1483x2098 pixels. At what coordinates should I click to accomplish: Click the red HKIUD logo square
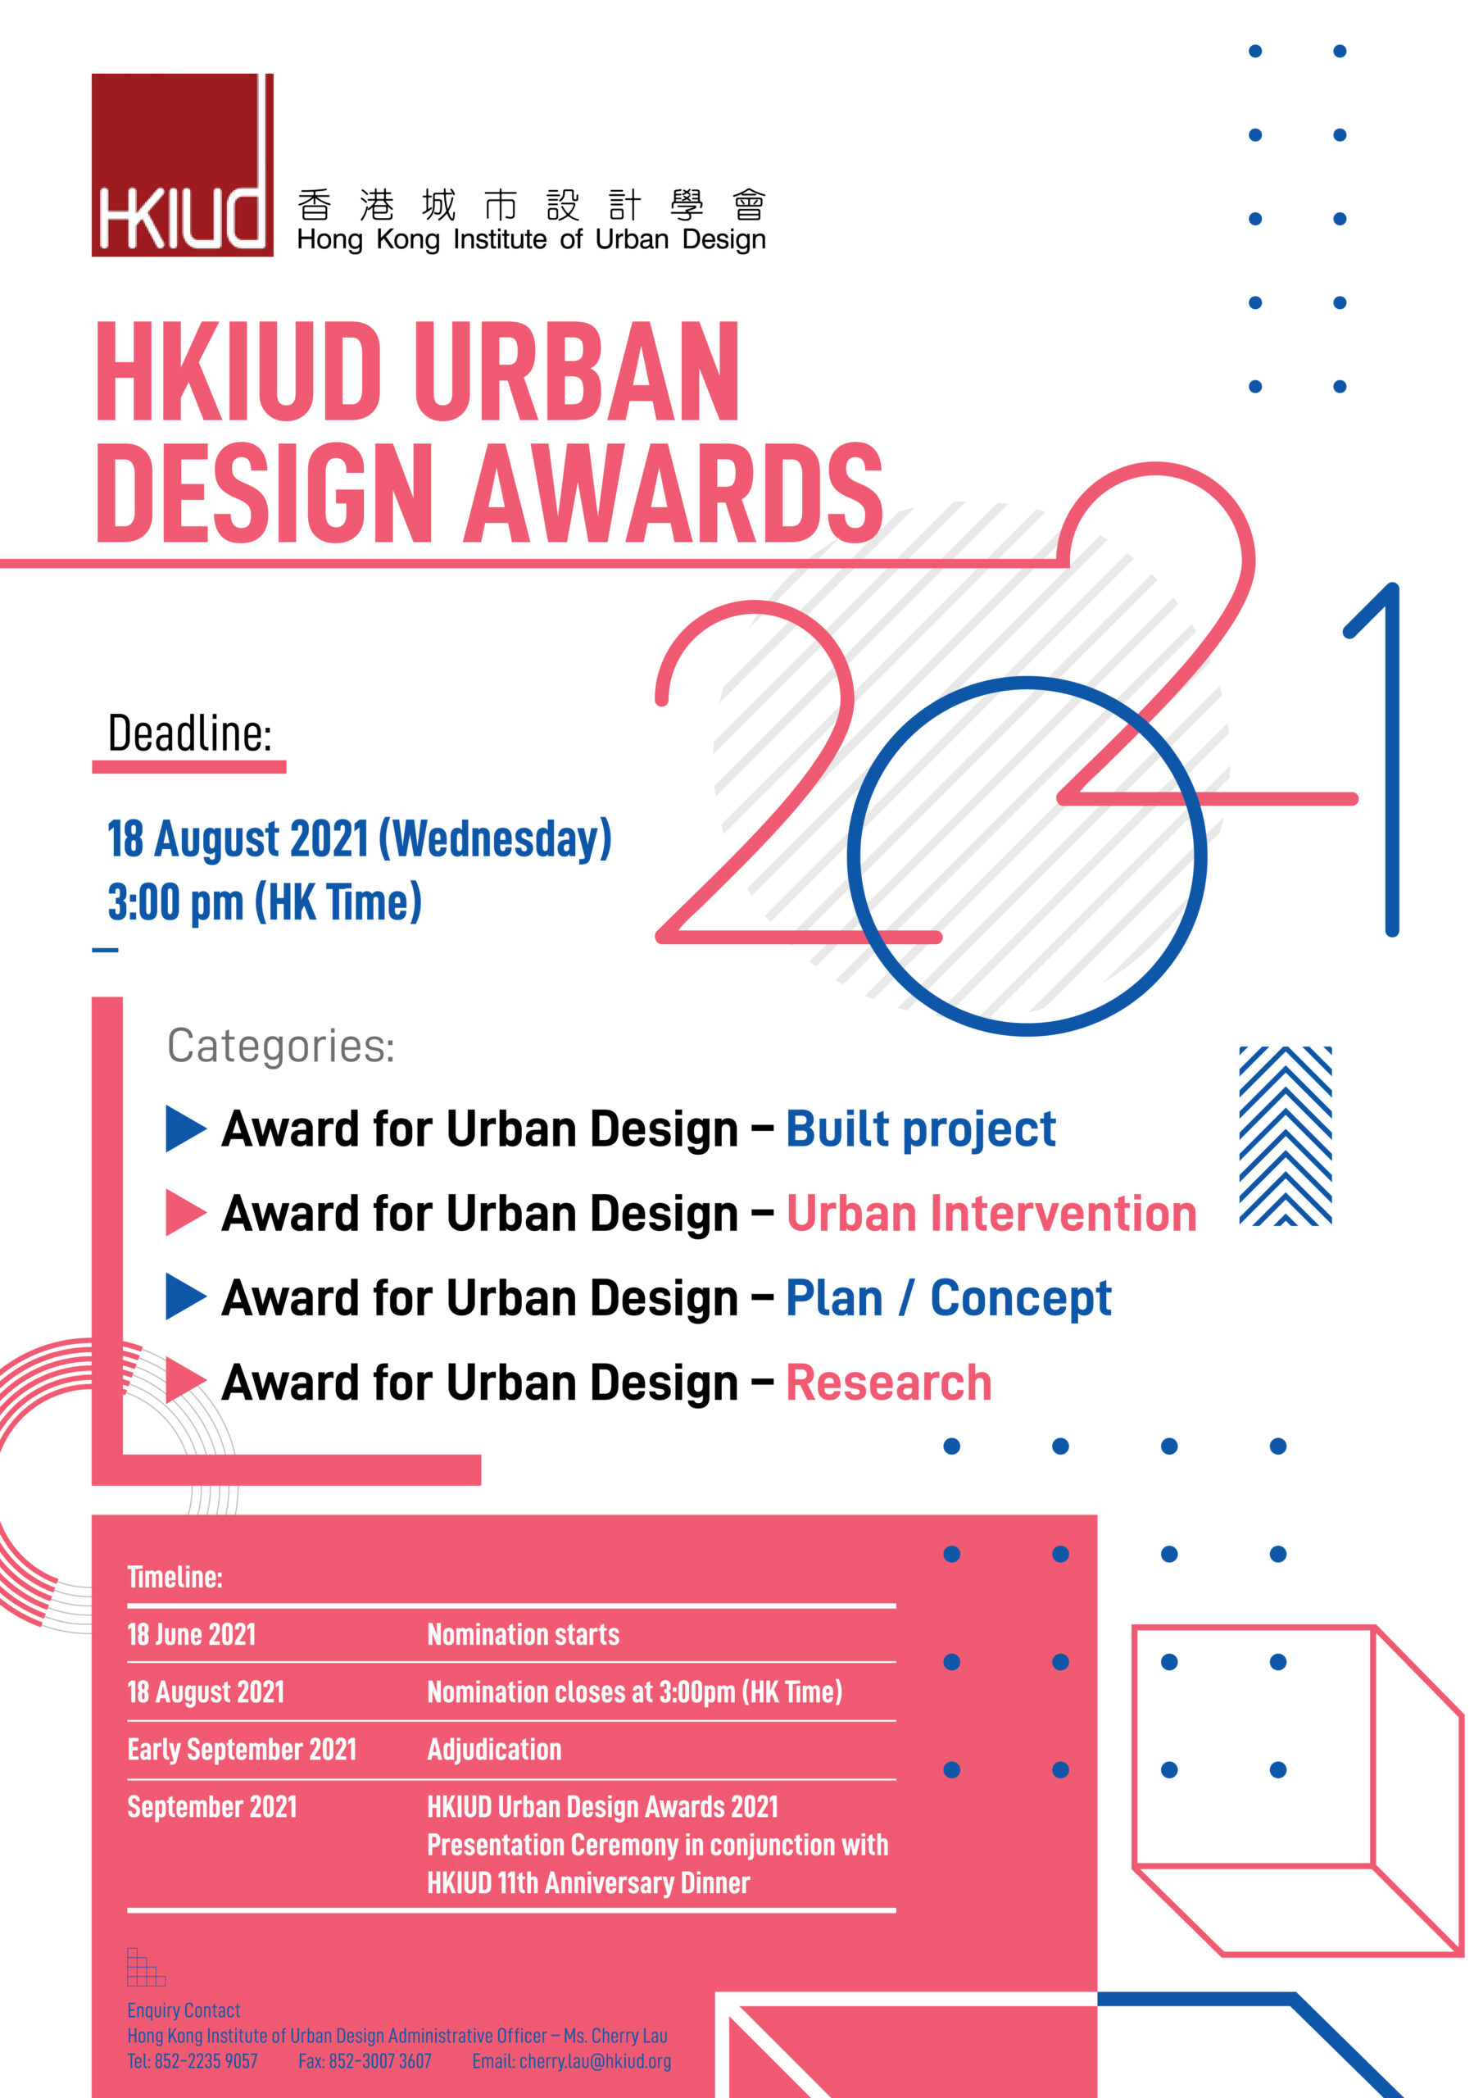click(x=182, y=165)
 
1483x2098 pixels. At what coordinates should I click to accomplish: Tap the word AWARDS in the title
click(x=673, y=493)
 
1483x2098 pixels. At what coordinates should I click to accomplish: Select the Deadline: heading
click(x=190, y=733)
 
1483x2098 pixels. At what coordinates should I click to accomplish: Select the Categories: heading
click(x=280, y=1047)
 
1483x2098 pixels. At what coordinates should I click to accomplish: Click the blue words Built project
click(x=920, y=1129)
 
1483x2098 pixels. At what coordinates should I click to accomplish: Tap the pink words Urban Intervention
click(x=991, y=1214)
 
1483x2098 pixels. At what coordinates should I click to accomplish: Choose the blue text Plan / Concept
click(x=949, y=1298)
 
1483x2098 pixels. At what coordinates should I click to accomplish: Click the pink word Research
click(x=888, y=1383)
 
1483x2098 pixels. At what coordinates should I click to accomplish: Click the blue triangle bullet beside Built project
click(x=185, y=1128)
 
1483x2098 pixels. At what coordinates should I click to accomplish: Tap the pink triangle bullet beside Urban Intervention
click(x=185, y=1213)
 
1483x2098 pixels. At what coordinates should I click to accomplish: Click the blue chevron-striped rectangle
click(x=1285, y=1136)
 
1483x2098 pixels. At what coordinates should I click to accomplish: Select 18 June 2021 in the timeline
click(x=191, y=1634)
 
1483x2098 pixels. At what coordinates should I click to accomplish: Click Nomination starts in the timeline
click(x=523, y=1634)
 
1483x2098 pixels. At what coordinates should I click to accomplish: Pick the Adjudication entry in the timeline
click(x=494, y=1749)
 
